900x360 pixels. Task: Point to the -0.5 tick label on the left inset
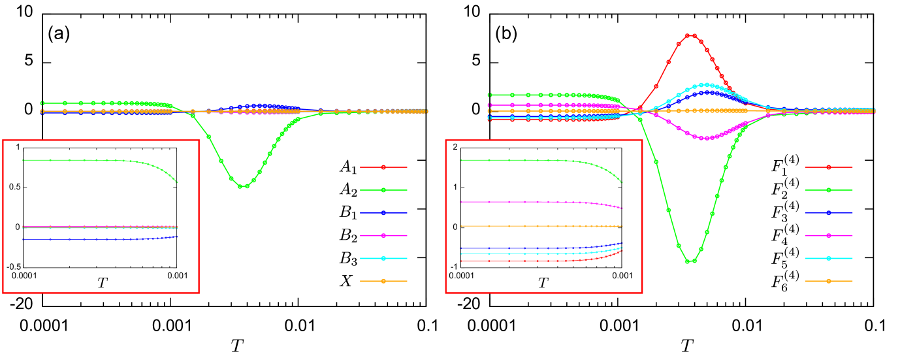click(x=13, y=267)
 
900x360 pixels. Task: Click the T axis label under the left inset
click(x=102, y=283)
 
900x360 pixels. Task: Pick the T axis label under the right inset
click(x=543, y=283)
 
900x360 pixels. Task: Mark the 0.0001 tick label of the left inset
click(x=26, y=275)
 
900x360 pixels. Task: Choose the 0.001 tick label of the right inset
click(x=621, y=275)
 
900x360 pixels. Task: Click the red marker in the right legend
click(x=829, y=167)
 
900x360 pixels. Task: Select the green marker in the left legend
click(x=383, y=190)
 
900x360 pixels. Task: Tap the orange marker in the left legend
click(x=383, y=282)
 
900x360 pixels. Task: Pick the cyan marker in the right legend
click(x=829, y=258)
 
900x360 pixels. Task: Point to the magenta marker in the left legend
click(x=383, y=235)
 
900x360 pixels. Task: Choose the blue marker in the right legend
click(x=829, y=213)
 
